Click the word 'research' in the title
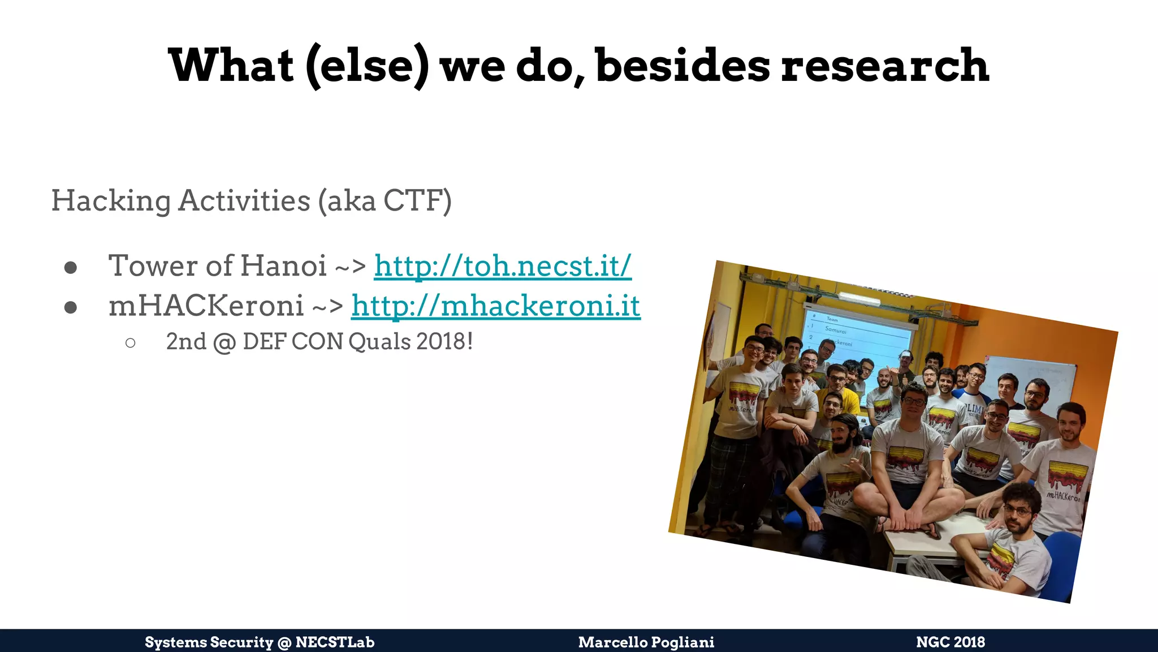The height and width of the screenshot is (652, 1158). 885,66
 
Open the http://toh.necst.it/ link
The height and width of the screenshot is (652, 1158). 503,265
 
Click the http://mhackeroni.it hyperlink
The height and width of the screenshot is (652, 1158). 495,306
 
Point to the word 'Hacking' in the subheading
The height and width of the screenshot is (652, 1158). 111,201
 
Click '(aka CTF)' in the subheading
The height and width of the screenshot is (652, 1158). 385,201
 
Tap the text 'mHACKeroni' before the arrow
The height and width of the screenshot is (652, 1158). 206,306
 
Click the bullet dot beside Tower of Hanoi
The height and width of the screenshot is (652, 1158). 71,267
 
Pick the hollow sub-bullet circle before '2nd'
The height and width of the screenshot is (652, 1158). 131,342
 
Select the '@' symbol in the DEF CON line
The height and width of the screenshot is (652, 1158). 224,342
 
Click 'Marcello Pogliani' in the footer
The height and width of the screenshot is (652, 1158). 646,642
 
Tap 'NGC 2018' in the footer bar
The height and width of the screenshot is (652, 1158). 950,642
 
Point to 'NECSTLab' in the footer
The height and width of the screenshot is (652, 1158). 335,642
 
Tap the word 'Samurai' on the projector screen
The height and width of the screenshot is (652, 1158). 836,329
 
